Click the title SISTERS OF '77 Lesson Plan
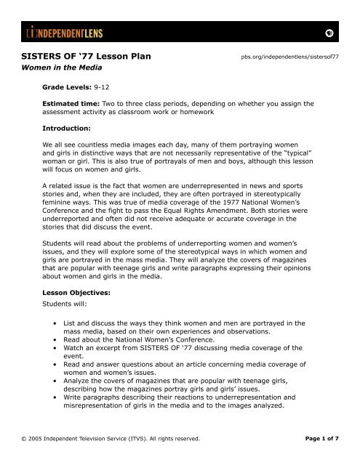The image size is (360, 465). click(89, 57)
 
